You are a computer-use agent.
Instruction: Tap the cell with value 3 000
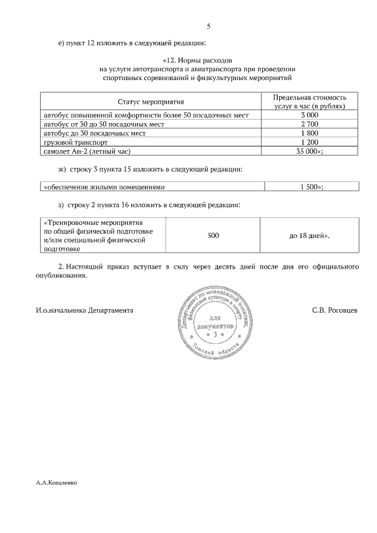point(309,115)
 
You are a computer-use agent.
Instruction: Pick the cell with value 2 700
point(309,124)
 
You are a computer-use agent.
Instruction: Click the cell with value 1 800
point(309,133)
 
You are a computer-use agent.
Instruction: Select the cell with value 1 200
point(309,142)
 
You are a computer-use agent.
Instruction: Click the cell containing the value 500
point(213,236)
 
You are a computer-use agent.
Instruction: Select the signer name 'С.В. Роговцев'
point(335,309)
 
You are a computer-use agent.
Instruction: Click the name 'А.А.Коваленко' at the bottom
point(57,481)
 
